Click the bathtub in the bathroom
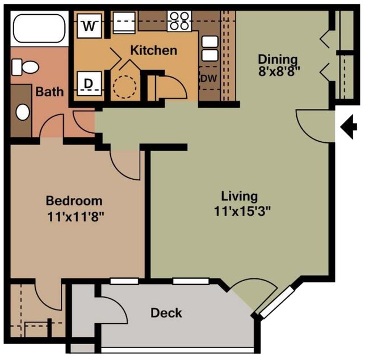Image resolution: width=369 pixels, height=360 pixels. point(39,28)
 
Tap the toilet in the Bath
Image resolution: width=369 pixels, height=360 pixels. point(25,67)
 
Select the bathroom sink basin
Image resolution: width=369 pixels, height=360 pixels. point(23,112)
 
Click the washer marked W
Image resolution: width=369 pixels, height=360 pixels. point(89,26)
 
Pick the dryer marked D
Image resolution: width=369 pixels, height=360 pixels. point(89,83)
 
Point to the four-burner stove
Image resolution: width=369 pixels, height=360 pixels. point(179,21)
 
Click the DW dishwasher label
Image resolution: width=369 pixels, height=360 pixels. point(209,78)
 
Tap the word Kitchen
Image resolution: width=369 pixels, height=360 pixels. point(154,50)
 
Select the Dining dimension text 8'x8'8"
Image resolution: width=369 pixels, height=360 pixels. point(279,71)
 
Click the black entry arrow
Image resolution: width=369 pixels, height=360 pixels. point(349,127)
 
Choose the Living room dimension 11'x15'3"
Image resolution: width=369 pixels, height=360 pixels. point(242,211)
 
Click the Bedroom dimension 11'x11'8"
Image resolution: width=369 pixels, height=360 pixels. point(76,217)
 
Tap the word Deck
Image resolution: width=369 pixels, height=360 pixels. point(166,313)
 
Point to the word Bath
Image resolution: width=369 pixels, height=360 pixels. point(49,92)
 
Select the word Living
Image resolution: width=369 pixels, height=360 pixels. point(240,197)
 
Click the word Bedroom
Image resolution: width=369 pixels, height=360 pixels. point(74,201)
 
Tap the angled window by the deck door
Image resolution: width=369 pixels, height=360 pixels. point(277,302)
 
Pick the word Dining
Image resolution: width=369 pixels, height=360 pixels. point(278,60)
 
